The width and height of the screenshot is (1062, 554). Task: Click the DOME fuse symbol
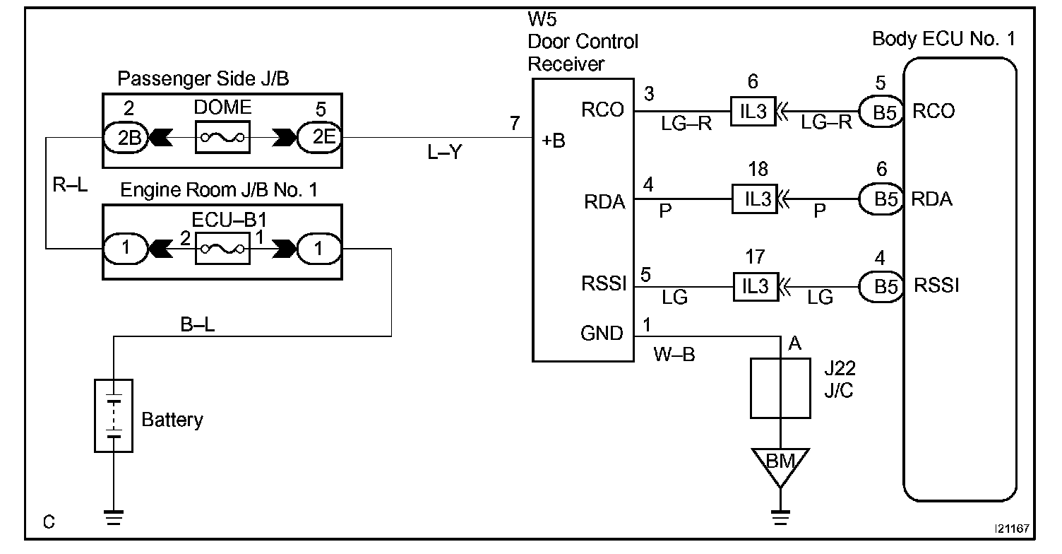222,137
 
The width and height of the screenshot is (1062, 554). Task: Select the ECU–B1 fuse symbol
222,248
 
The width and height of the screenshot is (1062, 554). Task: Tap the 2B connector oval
126,138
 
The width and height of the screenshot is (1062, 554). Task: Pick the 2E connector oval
320,138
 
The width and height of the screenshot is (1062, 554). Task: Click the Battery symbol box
114,415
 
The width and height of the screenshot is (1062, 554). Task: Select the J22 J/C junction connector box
780,388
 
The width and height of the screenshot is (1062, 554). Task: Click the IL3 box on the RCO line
753,112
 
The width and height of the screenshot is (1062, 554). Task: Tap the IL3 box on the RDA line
755,199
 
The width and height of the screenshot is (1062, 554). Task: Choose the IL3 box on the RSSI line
756,286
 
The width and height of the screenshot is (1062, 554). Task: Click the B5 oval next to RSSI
881,286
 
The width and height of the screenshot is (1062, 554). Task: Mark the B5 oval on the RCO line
881,112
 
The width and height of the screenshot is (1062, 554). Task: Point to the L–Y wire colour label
444,152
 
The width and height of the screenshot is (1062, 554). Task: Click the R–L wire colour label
70,184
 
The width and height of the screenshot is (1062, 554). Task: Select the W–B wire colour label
674,354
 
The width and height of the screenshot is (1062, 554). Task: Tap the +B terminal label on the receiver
554,141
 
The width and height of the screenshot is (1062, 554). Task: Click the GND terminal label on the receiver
602,333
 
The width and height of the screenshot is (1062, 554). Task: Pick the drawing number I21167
1012,529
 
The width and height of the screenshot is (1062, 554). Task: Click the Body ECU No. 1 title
943,39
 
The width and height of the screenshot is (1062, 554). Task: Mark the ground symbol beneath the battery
114,517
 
